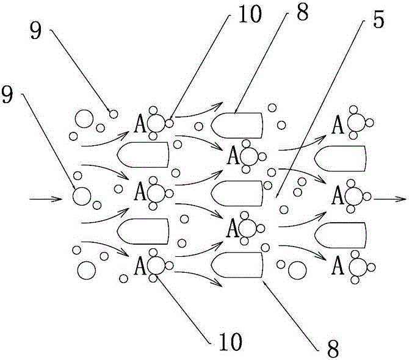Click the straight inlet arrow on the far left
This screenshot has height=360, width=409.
46,198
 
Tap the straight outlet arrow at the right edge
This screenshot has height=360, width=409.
391,198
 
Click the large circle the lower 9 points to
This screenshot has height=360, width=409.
81,196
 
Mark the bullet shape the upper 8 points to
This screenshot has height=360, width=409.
237,124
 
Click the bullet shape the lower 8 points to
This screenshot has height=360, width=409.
237,264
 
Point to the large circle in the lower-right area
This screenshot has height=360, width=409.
298,268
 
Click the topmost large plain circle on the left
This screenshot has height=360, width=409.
82,118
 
